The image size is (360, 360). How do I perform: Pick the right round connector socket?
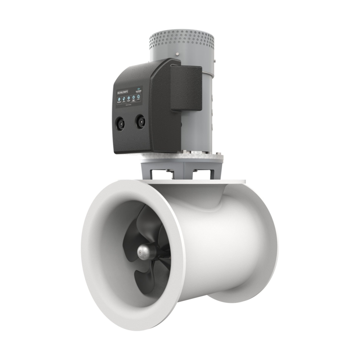click(x=140, y=121)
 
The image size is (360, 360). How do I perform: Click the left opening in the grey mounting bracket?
click(x=158, y=173)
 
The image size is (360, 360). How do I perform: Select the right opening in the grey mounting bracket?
click(x=200, y=172)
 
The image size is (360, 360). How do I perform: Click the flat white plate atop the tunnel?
click(x=216, y=182)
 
